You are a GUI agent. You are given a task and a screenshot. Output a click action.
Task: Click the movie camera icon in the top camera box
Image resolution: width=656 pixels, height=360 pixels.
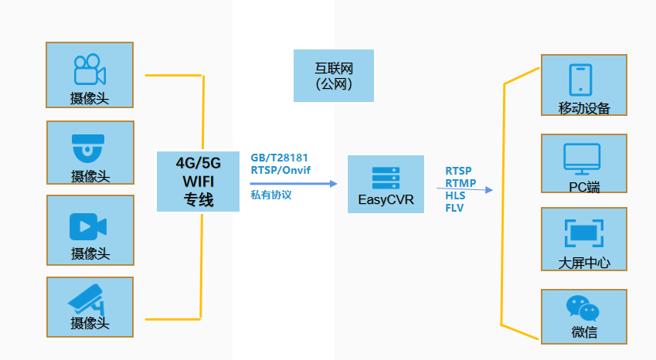click(x=89, y=69)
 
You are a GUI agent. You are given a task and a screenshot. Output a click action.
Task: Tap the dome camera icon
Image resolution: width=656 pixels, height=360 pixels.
click(x=89, y=146)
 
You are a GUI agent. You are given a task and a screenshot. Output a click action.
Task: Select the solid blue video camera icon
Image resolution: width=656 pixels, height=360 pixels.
click(x=89, y=226)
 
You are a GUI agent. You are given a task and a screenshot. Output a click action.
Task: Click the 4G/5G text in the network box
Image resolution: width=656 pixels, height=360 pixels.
click(x=199, y=163)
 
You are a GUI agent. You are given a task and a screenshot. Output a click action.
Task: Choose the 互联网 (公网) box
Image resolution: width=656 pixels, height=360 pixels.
click(x=334, y=76)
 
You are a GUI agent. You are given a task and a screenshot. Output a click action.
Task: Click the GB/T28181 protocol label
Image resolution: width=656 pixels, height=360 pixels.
click(x=280, y=158)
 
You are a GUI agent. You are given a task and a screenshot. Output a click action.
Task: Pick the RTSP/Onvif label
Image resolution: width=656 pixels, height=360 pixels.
click(x=280, y=170)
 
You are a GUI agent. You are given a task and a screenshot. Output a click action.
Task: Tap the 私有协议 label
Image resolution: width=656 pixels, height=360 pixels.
click(x=271, y=195)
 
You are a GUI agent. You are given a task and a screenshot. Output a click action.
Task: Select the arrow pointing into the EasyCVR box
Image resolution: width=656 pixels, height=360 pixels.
click(x=294, y=184)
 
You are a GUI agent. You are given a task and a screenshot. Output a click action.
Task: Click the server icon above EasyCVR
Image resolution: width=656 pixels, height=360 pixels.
click(x=386, y=178)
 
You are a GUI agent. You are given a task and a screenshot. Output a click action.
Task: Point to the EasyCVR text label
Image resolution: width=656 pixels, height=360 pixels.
click(x=386, y=201)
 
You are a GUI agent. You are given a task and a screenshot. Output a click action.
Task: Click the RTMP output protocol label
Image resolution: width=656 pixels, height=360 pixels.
click(x=461, y=183)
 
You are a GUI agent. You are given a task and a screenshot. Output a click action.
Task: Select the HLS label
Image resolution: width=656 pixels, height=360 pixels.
click(x=456, y=195)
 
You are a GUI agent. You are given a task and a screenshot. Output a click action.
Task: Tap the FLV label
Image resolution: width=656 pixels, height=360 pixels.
click(x=454, y=208)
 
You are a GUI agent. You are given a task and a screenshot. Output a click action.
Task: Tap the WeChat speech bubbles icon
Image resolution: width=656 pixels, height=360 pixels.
click(x=583, y=308)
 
